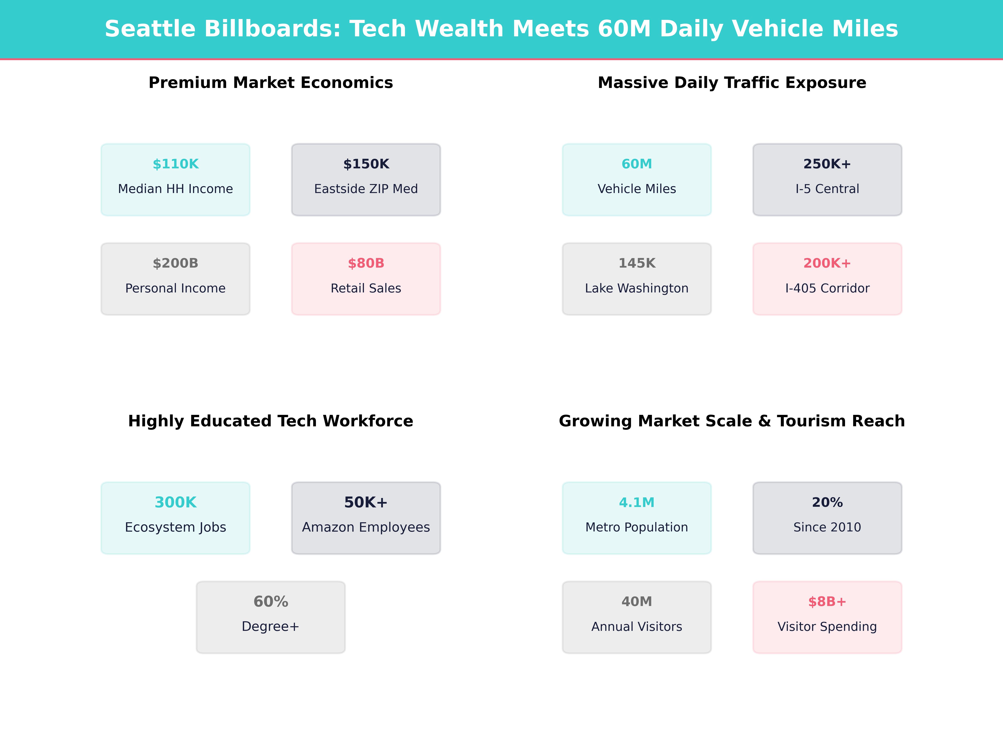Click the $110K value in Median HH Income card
pos(176,164)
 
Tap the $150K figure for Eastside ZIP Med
pos(366,164)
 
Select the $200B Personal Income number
pos(176,263)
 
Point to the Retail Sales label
pos(366,288)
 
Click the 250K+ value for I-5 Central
pos(827,164)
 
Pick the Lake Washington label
pos(637,288)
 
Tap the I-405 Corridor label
pos(827,288)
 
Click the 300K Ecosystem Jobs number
pos(176,502)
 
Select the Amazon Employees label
pos(366,527)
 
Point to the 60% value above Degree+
pos(271,602)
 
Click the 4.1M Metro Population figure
pos(637,502)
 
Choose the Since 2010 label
pos(827,527)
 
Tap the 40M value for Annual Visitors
pos(637,602)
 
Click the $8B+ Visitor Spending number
pos(827,602)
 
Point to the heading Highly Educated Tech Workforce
pos(271,421)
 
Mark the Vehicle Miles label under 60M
pos(637,189)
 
